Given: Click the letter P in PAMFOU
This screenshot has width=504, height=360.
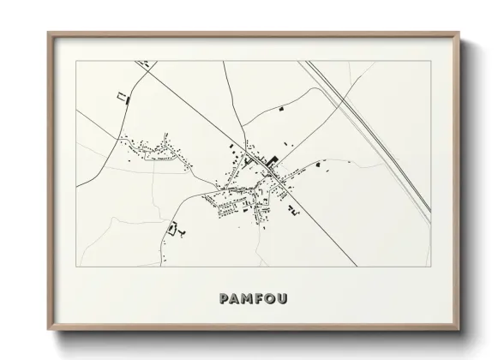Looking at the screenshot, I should (x=225, y=299).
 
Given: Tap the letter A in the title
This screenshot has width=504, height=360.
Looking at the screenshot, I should (x=237, y=299).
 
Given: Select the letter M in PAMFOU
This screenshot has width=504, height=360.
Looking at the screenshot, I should (x=250, y=299).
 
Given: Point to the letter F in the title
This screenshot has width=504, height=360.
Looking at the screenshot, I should (x=263, y=299).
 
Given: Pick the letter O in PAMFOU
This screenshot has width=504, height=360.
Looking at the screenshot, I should (x=274, y=299).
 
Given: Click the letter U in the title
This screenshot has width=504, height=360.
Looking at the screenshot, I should (x=287, y=299).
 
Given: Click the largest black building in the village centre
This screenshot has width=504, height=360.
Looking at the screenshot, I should (x=273, y=159).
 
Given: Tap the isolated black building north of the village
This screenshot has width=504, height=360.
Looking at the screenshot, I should (x=283, y=110).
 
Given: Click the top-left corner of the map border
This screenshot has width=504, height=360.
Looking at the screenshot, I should (x=77, y=61).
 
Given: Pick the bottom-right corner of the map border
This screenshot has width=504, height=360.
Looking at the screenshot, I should (x=431, y=267).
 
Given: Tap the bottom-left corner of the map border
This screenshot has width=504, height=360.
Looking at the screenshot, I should (x=77, y=267).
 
